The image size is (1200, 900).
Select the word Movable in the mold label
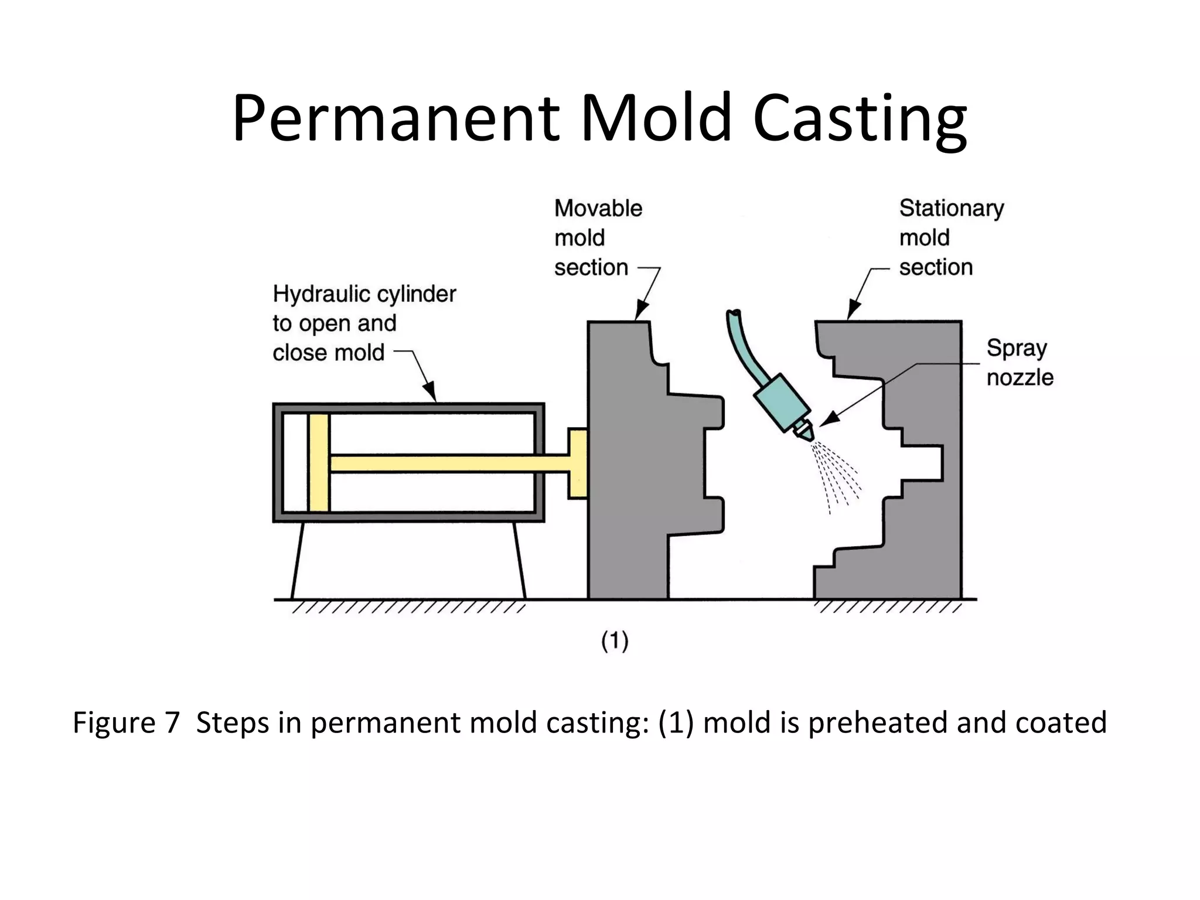(x=598, y=209)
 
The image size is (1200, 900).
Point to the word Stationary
(x=951, y=209)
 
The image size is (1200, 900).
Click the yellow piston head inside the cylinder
(x=319, y=462)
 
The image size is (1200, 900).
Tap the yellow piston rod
(x=445, y=463)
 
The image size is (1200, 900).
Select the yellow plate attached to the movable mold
(x=578, y=463)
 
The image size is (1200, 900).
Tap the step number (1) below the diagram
(x=615, y=640)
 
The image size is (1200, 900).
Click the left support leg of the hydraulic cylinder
(x=298, y=560)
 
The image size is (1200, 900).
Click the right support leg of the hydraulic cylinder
(x=519, y=560)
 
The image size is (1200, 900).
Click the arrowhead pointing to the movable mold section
(x=640, y=311)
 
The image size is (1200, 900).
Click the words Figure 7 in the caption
(x=125, y=722)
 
